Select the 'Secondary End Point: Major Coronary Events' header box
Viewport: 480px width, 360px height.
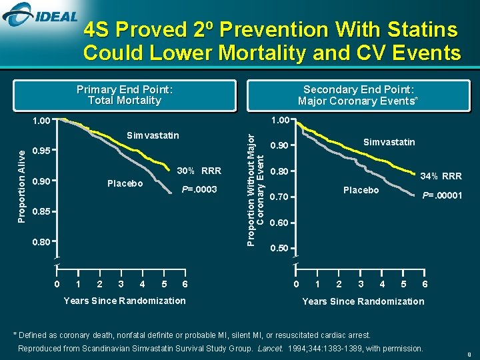click(x=358, y=95)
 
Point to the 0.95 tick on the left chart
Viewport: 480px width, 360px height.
click(x=42, y=151)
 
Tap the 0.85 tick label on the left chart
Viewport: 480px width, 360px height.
click(x=42, y=213)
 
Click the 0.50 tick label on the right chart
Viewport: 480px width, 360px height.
click(x=278, y=249)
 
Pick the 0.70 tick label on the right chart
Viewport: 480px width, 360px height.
click(x=278, y=197)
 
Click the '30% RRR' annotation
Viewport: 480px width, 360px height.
click(x=199, y=170)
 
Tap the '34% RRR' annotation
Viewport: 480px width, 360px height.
click(x=441, y=177)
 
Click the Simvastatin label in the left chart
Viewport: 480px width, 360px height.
click(x=153, y=136)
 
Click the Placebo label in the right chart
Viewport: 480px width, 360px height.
click(x=361, y=191)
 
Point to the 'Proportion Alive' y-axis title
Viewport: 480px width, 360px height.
click(x=22, y=186)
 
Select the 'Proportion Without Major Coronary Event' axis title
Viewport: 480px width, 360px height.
click(x=255, y=189)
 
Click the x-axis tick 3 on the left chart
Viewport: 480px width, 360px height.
click(x=121, y=285)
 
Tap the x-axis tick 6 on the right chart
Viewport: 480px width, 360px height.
click(x=425, y=285)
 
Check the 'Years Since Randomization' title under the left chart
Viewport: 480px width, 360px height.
click(x=125, y=301)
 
